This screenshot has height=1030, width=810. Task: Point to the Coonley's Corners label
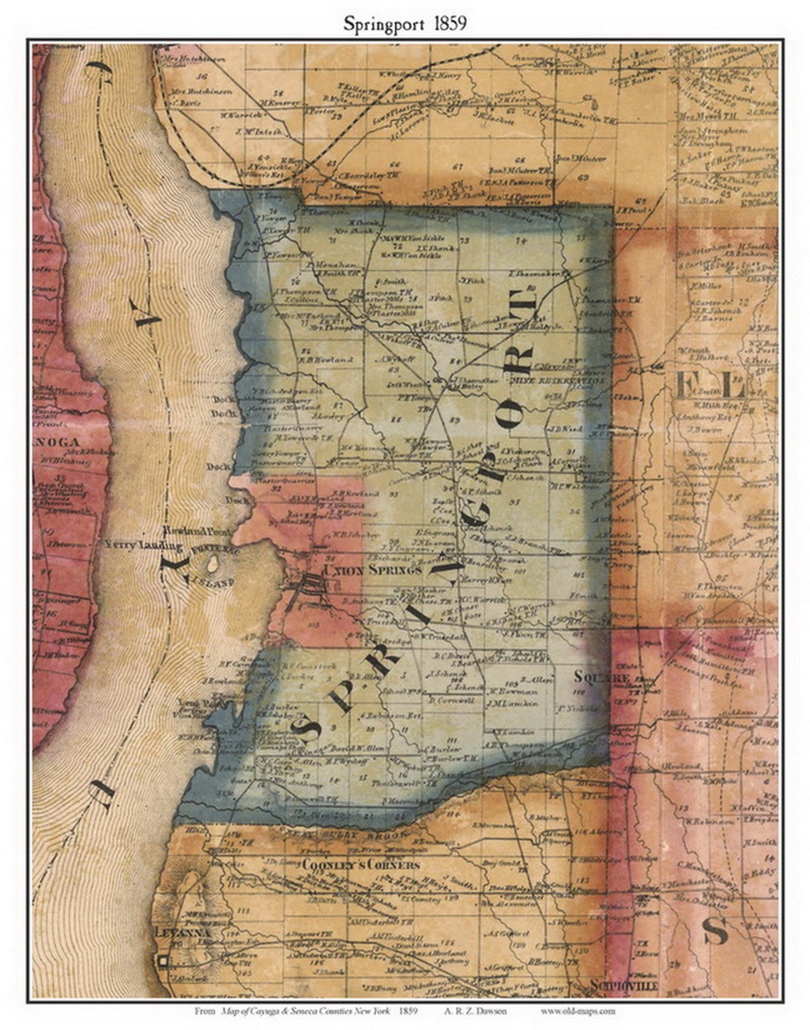point(361,865)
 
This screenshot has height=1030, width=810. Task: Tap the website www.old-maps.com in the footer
point(578,1010)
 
